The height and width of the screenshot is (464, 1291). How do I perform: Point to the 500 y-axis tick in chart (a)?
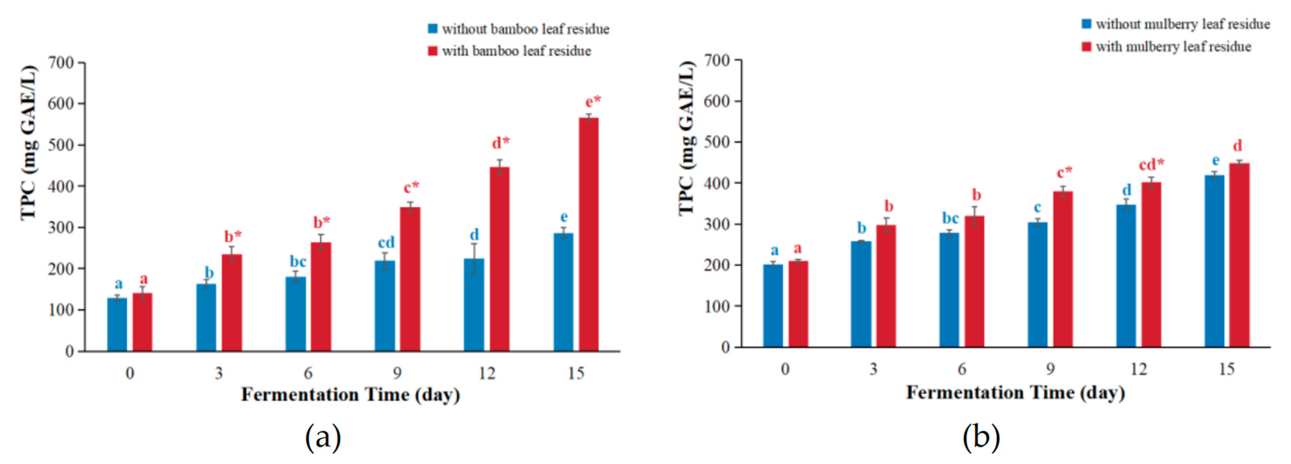[x=61, y=145]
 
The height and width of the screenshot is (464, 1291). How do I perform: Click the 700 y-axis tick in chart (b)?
[x=717, y=60]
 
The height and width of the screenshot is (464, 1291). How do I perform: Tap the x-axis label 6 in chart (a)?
[x=308, y=373]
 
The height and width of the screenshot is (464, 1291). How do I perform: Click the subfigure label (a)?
[x=323, y=437]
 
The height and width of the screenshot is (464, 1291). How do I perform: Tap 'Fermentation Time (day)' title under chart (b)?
[x=1015, y=393]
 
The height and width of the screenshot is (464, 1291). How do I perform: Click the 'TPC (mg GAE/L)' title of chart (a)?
[x=29, y=143]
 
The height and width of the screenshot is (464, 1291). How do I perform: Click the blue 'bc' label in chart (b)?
[x=950, y=219]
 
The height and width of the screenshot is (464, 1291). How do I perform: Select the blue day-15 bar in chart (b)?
[x=1214, y=261]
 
